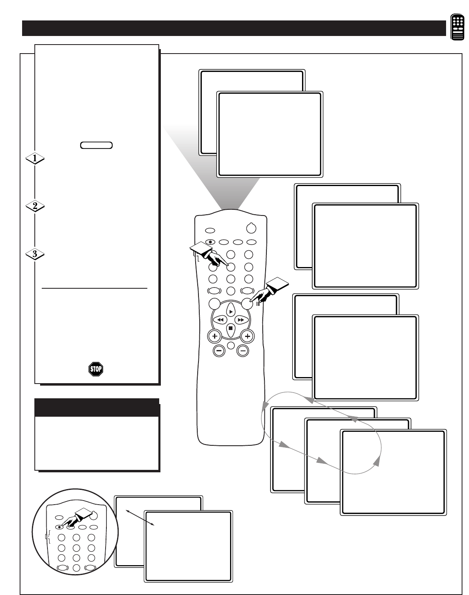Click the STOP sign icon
pyautogui.click(x=96, y=369)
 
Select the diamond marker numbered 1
pyautogui.click(x=35, y=159)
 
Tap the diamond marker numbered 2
pyautogui.click(x=35, y=207)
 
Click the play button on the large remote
pyautogui.click(x=231, y=311)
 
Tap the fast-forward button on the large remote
pyautogui.click(x=241, y=319)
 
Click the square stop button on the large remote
pyautogui.click(x=231, y=328)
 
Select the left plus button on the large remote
pyautogui.click(x=214, y=336)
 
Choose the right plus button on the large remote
pyautogui.click(x=247, y=336)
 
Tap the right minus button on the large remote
pyautogui.click(x=243, y=350)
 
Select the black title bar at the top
pyautogui.click(x=234, y=28)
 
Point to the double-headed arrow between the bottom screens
pyautogui.click(x=140, y=518)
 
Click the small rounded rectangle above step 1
pyautogui.click(x=97, y=145)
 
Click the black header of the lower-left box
pyautogui.click(x=97, y=407)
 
